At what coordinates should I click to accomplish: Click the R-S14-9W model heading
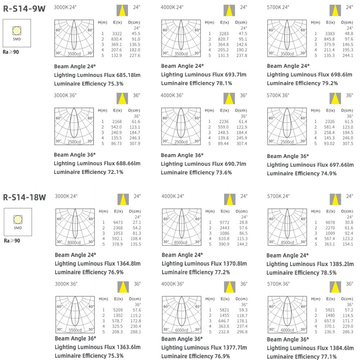[24, 9]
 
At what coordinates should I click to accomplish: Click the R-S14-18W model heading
[24, 197]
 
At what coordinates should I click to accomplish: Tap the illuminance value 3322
[117, 34]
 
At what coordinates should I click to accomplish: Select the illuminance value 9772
[224, 222]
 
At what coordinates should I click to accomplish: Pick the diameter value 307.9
[135, 144]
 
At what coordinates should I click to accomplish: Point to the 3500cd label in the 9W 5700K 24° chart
[287, 54]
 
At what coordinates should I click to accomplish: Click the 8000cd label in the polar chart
[74, 242]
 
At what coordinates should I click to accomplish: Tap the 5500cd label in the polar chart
[75, 330]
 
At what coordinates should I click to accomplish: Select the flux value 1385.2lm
[342, 264]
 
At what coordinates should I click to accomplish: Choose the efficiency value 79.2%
[330, 83]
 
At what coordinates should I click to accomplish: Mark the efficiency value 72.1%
[116, 172]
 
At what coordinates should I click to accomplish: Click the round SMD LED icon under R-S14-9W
[17, 31]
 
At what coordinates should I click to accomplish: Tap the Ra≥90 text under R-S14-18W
[12, 240]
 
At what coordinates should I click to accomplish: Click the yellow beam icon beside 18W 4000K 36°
[229, 287]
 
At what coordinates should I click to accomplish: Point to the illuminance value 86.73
[117, 144]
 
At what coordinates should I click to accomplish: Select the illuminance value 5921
[330, 310]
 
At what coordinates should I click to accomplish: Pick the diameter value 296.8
[242, 332]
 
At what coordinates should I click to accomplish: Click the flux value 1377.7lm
[235, 348]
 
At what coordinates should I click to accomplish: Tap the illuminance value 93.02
[329, 144]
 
